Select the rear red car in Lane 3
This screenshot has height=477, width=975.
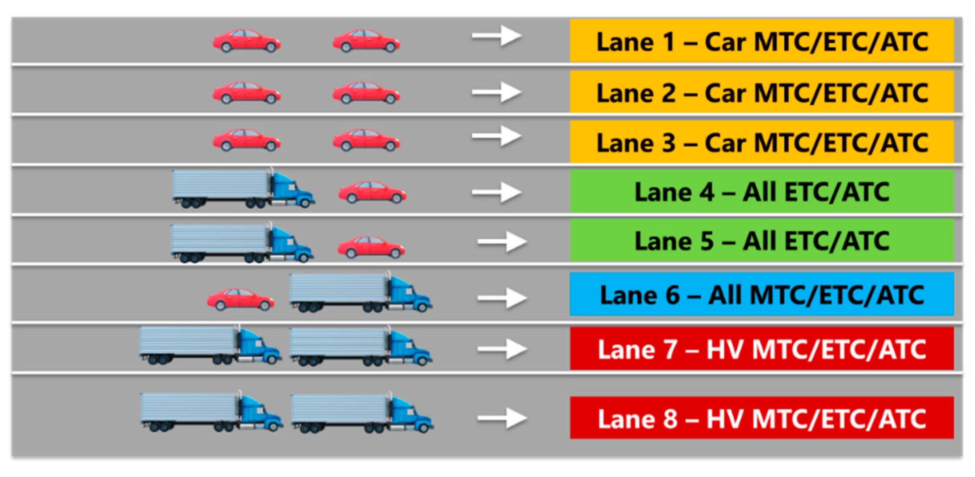pyautogui.click(x=247, y=140)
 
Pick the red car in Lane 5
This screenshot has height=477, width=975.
pyautogui.click(x=371, y=247)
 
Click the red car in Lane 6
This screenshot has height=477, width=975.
pyautogui.click(x=241, y=299)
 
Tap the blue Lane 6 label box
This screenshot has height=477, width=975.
pyautogui.click(x=762, y=294)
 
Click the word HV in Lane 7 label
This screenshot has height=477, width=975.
pyautogui.click(x=725, y=349)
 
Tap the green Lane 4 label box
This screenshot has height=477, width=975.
pyautogui.click(x=762, y=191)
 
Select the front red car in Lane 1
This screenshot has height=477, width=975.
pyautogui.click(x=366, y=41)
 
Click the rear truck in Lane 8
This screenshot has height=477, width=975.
pyautogui.click(x=211, y=412)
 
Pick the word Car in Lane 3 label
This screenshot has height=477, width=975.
pyautogui.click(x=725, y=143)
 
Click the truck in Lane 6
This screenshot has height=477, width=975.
pyautogui.click(x=360, y=292)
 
